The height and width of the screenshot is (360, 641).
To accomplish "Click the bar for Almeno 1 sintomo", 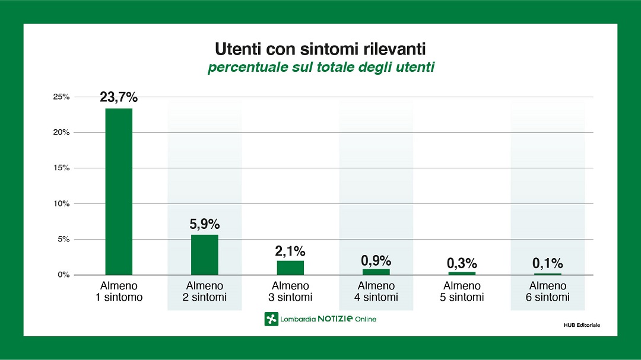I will [x=119, y=191].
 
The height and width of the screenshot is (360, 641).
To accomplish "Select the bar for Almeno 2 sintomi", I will [x=204, y=254].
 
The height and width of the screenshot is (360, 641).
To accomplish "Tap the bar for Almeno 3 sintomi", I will [x=290, y=267].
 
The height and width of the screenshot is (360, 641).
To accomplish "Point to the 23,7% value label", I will [x=119, y=97].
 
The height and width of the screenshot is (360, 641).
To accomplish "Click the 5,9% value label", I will [x=204, y=224].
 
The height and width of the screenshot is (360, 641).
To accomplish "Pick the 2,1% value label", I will [x=290, y=250].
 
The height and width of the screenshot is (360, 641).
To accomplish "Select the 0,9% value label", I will [x=376, y=260].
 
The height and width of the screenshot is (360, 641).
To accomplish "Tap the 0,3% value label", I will [x=462, y=263].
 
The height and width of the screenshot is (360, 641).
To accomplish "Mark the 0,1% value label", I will [x=547, y=263].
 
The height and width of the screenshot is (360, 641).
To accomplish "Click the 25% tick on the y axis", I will [x=62, y=97].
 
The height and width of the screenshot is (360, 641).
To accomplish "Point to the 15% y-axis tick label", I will [x=62, y=168].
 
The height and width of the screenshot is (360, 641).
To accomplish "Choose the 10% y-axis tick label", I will [x=62, y=203].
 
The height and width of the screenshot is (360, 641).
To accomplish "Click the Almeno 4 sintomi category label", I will [x=376, y=291].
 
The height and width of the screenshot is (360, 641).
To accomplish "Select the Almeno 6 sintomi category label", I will [x=547, y=291].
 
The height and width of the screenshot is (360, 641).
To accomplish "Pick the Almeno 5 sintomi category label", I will [x=462, y=291].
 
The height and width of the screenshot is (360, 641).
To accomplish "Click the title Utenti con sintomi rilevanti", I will [x=320, y=47].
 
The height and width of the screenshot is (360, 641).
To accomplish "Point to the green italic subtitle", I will [x=320, y=67].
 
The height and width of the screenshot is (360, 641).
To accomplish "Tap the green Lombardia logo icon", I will [x=271, y=319].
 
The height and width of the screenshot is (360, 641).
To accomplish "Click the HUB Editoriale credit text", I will [x=582, y=325].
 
